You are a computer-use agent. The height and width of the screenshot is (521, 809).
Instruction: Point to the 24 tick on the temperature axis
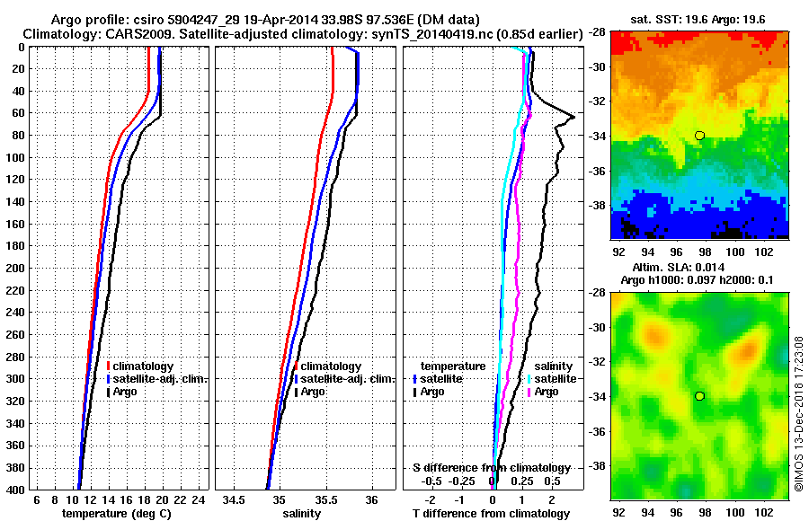199,499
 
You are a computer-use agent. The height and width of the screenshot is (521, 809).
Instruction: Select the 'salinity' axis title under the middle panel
302,514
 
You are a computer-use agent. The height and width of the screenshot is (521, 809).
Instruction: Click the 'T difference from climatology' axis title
491,514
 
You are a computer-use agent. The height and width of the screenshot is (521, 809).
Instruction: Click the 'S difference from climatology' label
491,468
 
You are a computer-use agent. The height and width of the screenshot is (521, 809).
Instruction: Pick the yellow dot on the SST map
699,135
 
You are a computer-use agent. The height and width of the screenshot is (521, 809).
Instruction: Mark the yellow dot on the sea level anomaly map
699,396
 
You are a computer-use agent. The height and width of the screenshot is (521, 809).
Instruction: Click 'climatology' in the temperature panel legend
143,366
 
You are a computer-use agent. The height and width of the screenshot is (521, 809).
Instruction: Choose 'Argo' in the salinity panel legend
314,393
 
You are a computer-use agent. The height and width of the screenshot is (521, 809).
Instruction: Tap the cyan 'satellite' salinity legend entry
552,379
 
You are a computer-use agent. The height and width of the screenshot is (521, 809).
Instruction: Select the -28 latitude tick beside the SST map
597,31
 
